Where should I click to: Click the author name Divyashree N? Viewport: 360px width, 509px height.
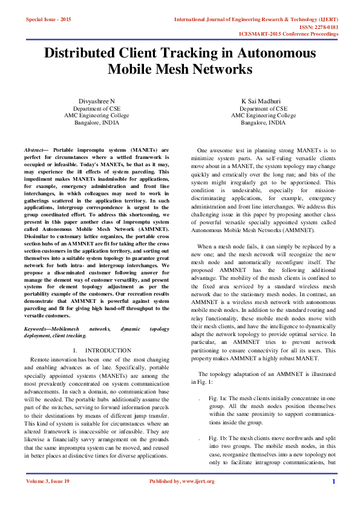[x=97, y=100]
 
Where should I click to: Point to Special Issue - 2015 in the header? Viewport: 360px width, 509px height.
[x=48, y=20]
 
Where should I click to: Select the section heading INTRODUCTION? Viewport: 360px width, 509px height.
[x=108, y=350]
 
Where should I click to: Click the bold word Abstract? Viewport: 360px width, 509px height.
[x=33, y=149]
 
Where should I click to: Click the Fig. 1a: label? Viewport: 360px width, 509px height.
[x=217, y=398]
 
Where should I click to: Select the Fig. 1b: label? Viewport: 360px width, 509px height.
[x=217, y=437]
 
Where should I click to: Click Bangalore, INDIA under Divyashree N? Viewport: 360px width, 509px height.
[x=97, y=122]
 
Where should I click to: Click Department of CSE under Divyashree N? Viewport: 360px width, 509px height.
[x=97, y=108]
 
